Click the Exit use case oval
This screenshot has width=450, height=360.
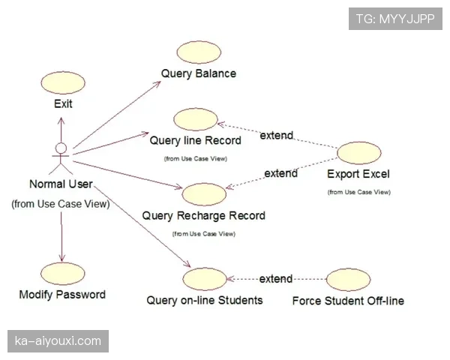[x=63, y=82]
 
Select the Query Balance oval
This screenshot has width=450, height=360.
[x=198, y=52]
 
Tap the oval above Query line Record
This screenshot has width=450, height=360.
[x=195, y=119]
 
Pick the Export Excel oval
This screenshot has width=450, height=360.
[x=358, y=154]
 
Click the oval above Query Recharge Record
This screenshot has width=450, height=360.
[x=203, y=194]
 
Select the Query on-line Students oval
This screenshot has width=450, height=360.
[x=205, y=279]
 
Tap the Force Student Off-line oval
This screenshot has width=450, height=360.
[x=348, y=280]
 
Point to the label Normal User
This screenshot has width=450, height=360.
[x=61, y=184]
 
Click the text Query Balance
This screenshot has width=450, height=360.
[x=198, y=73]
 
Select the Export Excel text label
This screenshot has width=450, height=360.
[x=358, y=175]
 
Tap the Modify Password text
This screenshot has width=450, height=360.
[x=62, y=295]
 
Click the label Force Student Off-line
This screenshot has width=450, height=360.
[x=348, y=301]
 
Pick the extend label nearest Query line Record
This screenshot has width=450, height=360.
[x=276, y=136]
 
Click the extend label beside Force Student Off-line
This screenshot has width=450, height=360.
[x=275, y=279]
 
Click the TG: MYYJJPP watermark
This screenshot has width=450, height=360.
[x=396, y=18]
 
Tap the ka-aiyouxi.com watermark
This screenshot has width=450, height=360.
[x=58, y=341]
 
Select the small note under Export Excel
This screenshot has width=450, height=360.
[x=358, y=192]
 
